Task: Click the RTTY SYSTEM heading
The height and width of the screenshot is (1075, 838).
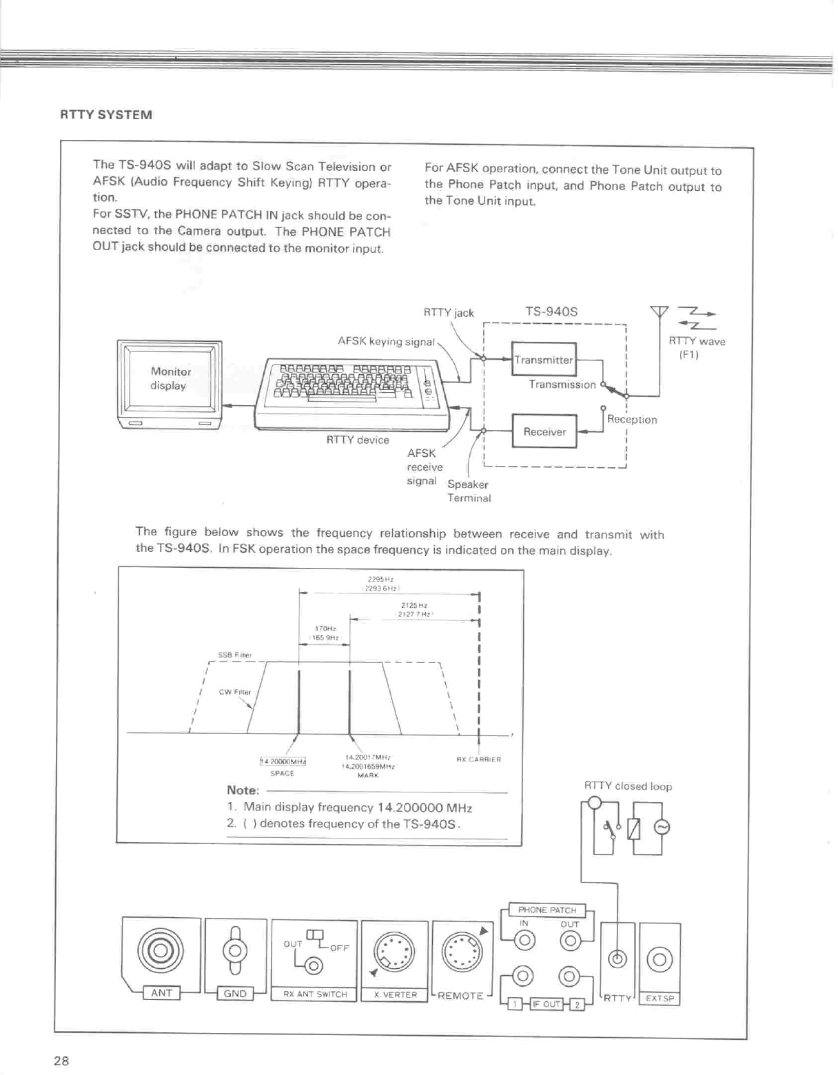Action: point(106,115)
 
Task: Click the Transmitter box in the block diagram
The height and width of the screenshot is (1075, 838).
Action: point(544,360)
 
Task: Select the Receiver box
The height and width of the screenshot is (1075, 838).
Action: point(544,432)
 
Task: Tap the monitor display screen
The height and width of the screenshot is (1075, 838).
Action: point(169,379)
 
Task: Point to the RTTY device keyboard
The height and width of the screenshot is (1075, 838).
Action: point(351,393)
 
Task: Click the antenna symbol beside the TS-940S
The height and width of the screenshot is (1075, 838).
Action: point(660,314)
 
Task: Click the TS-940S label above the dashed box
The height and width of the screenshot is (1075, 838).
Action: point(551,311)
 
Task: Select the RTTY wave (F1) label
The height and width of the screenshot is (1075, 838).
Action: point(697,347)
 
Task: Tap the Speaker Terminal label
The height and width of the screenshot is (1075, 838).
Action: point(469,491)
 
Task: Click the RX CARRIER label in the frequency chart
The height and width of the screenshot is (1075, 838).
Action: point(478,759)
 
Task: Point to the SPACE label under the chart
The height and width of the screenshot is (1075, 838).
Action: point(282,773)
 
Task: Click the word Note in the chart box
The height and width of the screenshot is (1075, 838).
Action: point(243,790)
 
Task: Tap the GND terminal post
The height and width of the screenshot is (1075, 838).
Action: point(235,951)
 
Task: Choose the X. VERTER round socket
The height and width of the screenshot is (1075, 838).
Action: point(394,954)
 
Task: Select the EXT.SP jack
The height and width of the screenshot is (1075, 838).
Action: point(660,959)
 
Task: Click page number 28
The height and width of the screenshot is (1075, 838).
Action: point(61,1061)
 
